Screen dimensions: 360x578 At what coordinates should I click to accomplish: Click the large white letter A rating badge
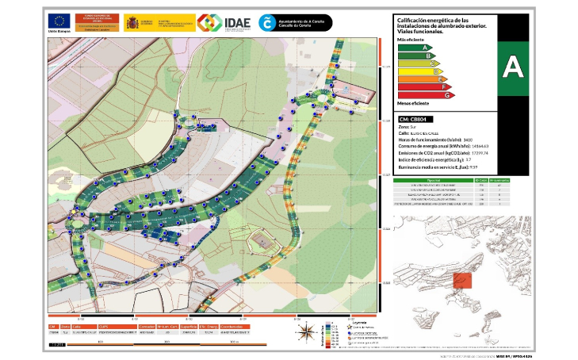(513, 65)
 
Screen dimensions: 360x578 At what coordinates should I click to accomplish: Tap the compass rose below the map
(305, 333)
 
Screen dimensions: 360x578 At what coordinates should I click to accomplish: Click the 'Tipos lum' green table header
(434, 180)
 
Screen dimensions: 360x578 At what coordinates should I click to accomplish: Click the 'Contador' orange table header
(147, 326)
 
